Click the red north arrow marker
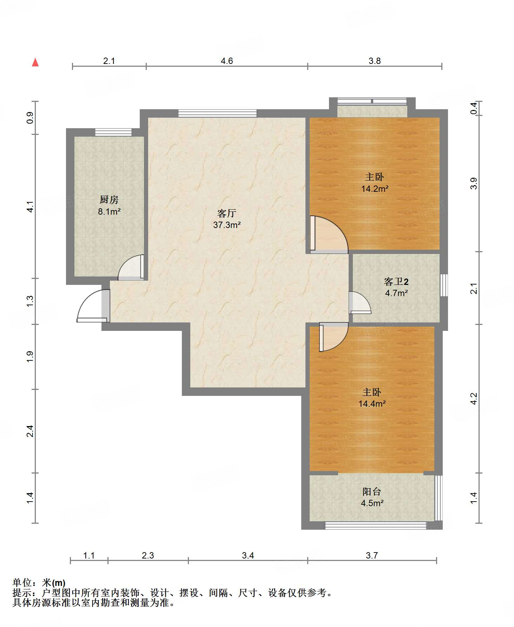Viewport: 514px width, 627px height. pyautogui.click(x=35, y=62)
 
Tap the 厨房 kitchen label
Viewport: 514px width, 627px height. pyautogui.click(x=109, y=200)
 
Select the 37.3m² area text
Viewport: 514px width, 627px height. pyautogui.click(x=227, y=225)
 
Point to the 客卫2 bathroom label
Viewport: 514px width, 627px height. pyautogui.click(x=396, y=282)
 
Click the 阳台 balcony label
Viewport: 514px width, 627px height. pyautogui.click(x=372, y=492)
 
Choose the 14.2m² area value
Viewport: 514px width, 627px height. pyautogui.click(x=375, y=189)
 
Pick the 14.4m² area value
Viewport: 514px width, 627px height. pyautogui.click(x=372, y=404)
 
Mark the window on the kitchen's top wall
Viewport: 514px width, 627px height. pyautogui.click(x=113, y=132)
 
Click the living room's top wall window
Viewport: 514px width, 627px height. pyautogui.click(x=217, y=113)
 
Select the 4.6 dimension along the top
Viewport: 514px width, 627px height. pyautogui.click(x=227, y=61)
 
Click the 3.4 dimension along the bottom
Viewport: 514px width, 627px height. pyautogui.click(x=248, y=555)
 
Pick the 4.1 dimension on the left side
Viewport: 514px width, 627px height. pyautogui.click(x=30, y=207)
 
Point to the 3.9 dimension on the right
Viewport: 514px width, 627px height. pyautogui.click(x=474, y=184)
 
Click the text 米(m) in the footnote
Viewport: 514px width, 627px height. pyautogui.click(x=54, y=583)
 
